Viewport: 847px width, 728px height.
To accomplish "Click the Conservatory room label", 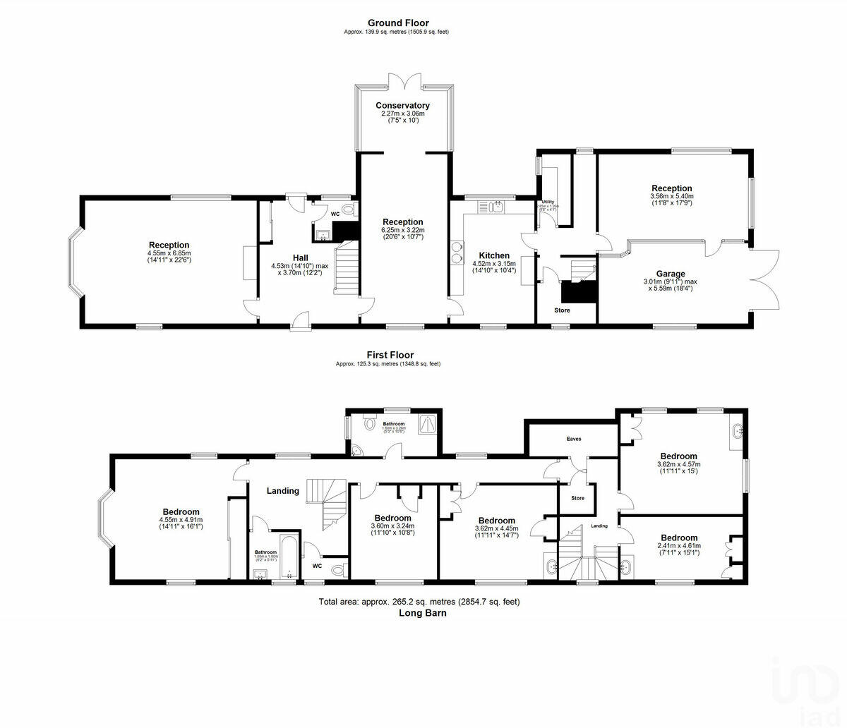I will point(402,106).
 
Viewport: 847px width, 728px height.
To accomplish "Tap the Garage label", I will point(669,274).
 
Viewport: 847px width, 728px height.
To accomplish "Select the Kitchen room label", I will point(494,255).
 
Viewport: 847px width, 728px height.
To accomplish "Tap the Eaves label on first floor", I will point(574,438).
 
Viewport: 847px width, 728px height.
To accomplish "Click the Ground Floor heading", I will point(397,23).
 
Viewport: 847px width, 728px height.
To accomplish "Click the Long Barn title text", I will point(422,613).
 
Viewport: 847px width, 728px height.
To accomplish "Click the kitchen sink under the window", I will point(491,206).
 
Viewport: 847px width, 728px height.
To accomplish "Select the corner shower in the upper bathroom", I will point(427,423).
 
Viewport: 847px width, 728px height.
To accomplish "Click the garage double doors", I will point(766,279).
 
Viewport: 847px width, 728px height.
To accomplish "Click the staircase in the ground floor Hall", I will point(346,268).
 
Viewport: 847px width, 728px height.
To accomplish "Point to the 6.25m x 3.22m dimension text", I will point(402,230).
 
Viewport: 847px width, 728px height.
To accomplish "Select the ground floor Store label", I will point(562,310).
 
